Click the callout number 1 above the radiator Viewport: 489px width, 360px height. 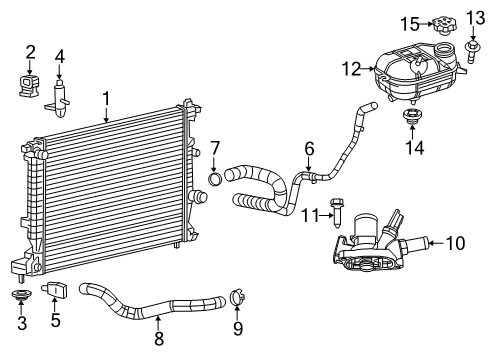click(106, 99)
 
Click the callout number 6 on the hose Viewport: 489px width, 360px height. click(310, 149)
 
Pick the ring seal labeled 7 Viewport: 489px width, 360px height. click(214, 180)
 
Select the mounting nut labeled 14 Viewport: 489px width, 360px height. click(410, 122)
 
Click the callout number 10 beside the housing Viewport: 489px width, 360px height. click(455, 240)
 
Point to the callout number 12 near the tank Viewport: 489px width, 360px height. click(350, 69)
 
